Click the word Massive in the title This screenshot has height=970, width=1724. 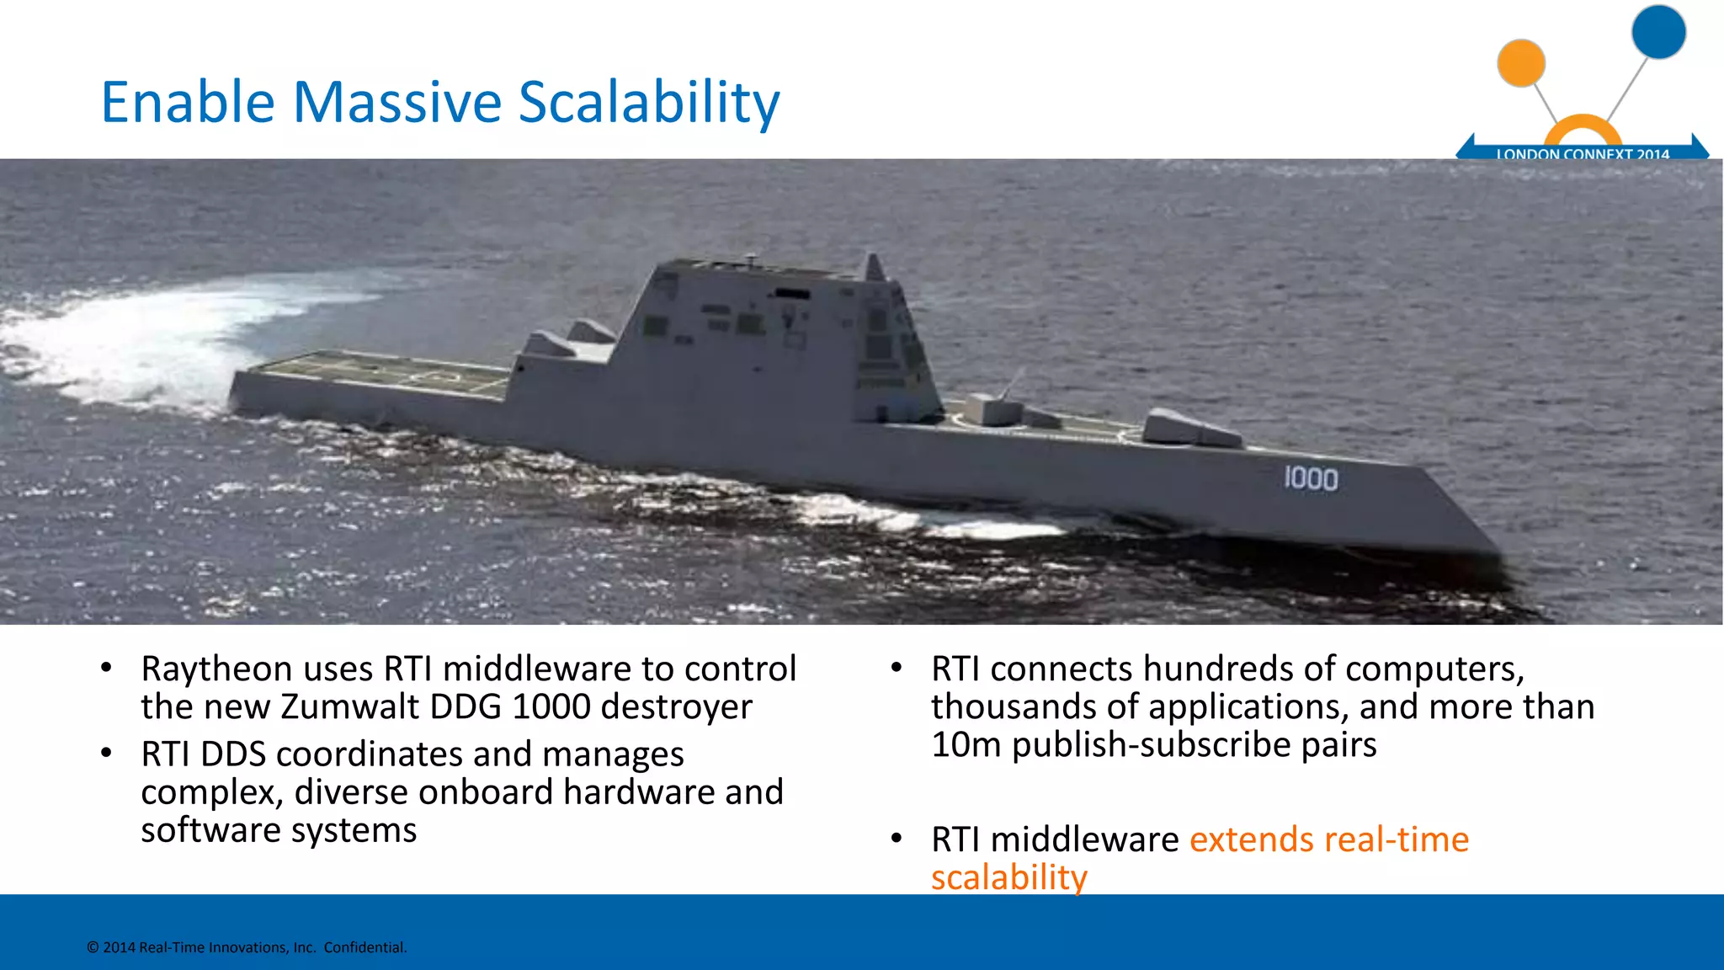click(x=397, y=103)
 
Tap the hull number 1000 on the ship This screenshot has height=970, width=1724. click(x=1310, y=479)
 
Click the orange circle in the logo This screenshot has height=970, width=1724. click(x=1521, y=63)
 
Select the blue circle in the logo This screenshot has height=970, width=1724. click(x=1657, y=32)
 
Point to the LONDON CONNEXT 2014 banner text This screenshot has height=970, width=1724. click(x=1582, y=153)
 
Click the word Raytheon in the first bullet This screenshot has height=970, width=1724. click(x=215, y=670)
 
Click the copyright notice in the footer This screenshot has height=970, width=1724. click(x=247, y=947)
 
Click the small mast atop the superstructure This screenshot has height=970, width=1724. click(x=875, y=267)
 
